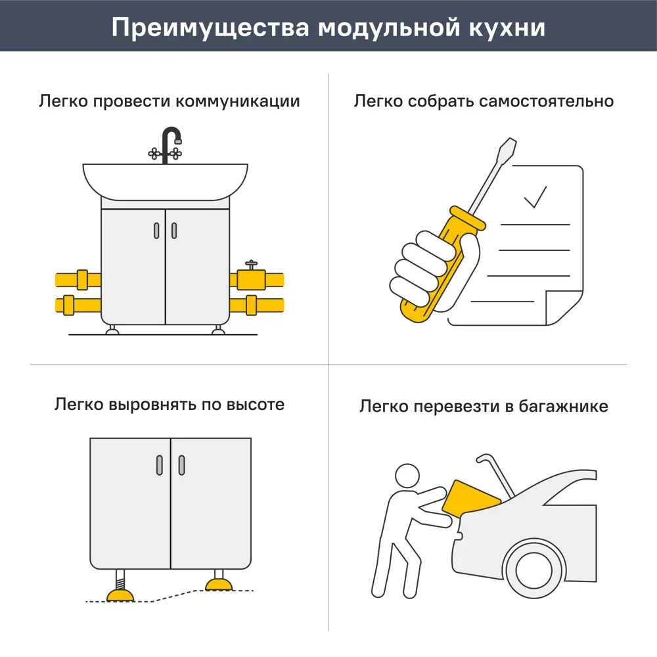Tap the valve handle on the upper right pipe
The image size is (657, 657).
(x=250, y=264)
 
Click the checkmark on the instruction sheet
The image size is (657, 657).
(x=535, y=196)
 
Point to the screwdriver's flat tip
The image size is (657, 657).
(x=507, y=146)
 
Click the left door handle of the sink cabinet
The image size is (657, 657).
(x=156, y=230)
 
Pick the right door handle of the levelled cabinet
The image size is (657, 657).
(x=181, y=464)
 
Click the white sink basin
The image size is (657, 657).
(x=165, y=179)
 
